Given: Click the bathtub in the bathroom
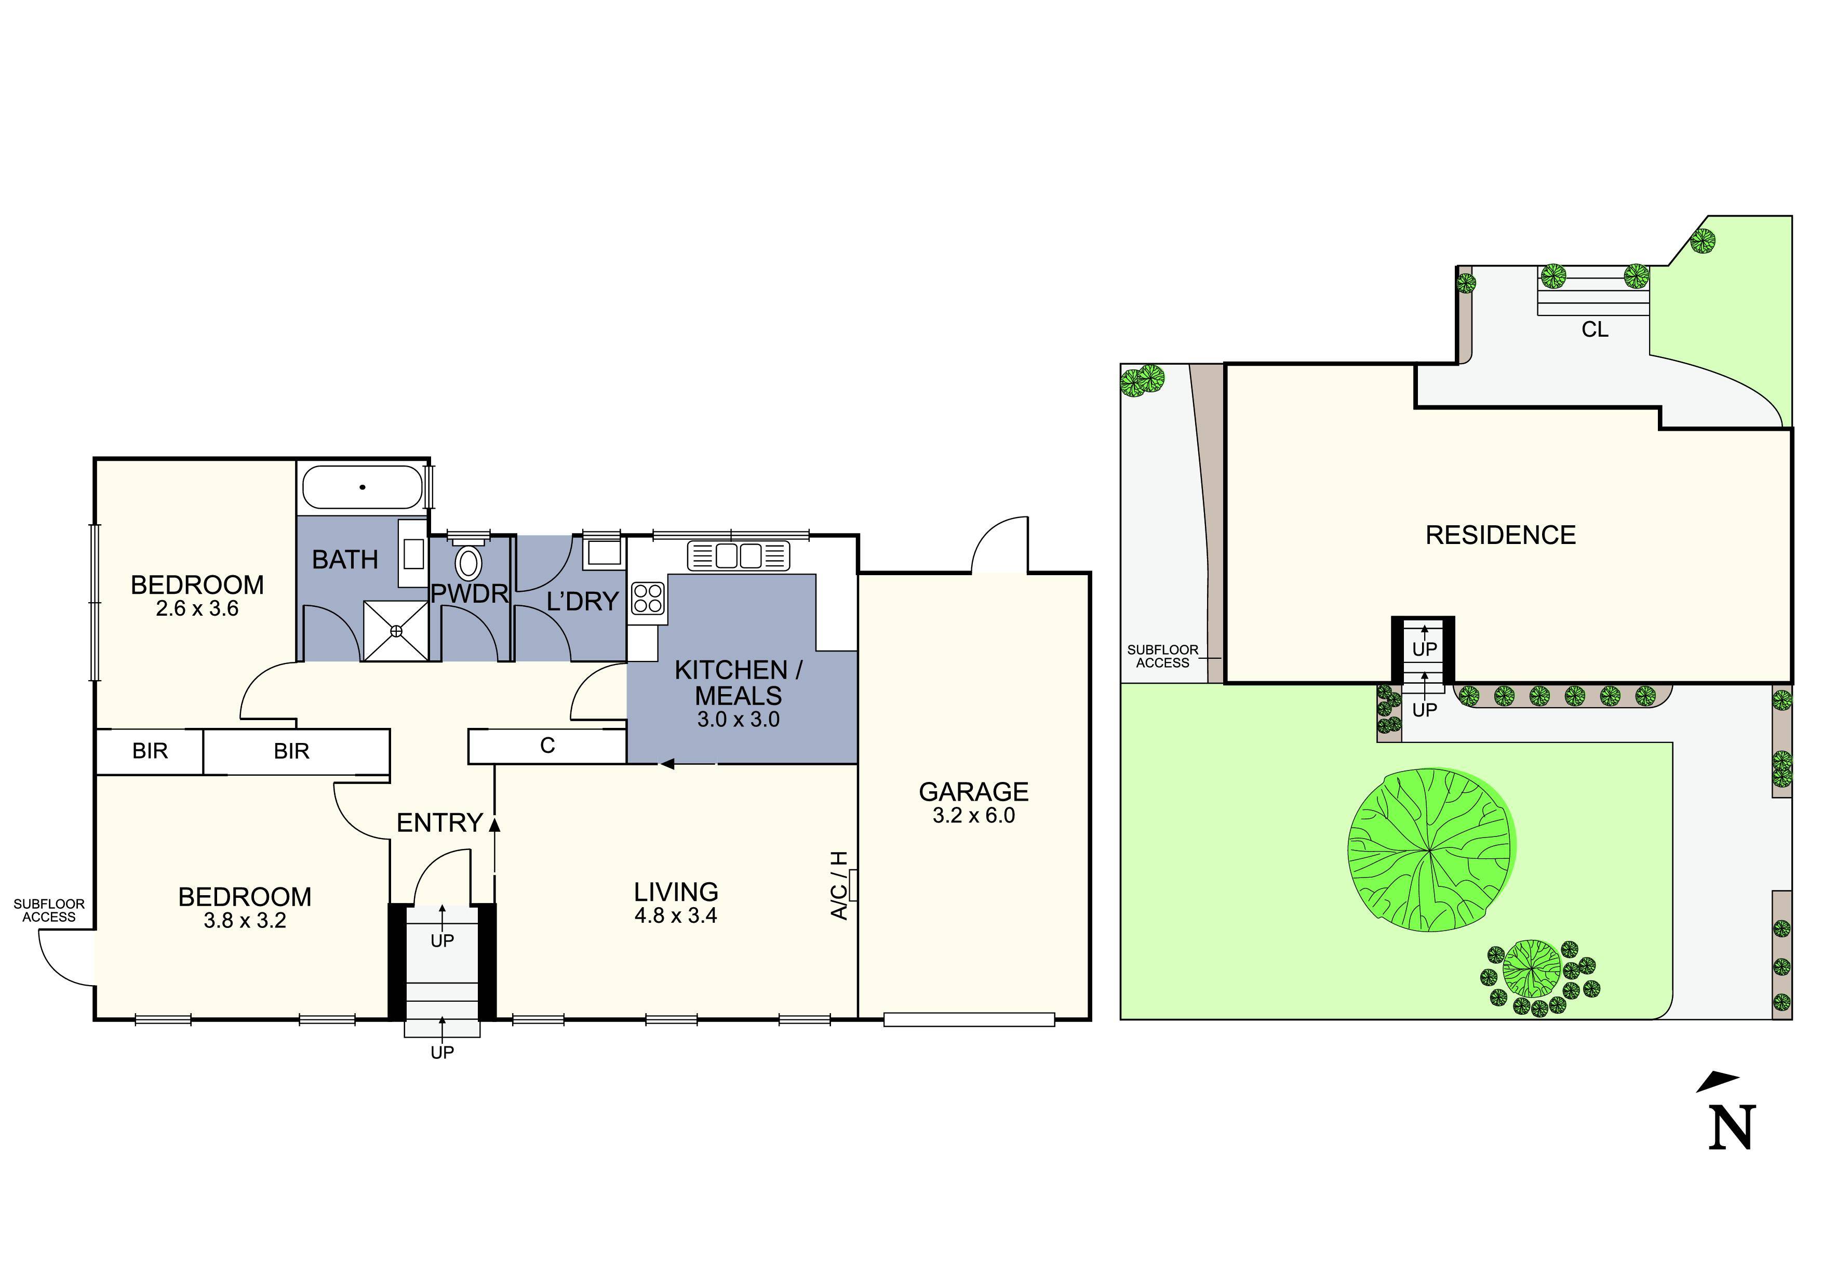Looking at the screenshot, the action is pos(363,486).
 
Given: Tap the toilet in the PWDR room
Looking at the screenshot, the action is pos(468,561).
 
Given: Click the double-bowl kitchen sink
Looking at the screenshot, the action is pos(739,555).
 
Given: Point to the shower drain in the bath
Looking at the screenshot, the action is pos(396,631).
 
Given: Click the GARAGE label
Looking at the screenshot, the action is pos(974,791).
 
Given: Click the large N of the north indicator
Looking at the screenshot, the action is pos(1732,1127).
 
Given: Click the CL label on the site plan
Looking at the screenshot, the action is pos(1595,329).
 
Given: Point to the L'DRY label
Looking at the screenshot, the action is pos(582,602).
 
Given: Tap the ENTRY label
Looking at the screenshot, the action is pos(439,823).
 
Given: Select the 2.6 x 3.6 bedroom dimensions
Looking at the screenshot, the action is pos(197,609).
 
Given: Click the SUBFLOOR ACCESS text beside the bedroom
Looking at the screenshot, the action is pos(49,910).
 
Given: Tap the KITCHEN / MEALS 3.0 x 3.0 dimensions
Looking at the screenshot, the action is pos(738,720).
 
